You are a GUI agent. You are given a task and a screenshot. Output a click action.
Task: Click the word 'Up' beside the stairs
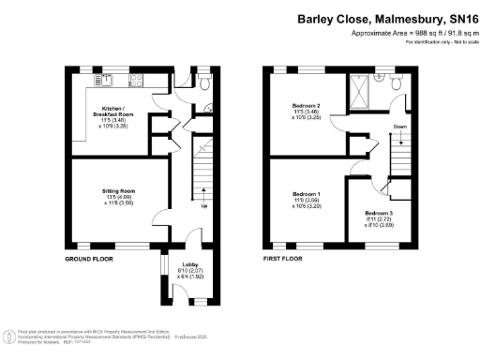(203, 207)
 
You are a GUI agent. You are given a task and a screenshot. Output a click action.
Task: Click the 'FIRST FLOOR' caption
(287, 258)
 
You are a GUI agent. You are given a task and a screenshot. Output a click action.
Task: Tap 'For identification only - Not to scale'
(438, 43)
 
